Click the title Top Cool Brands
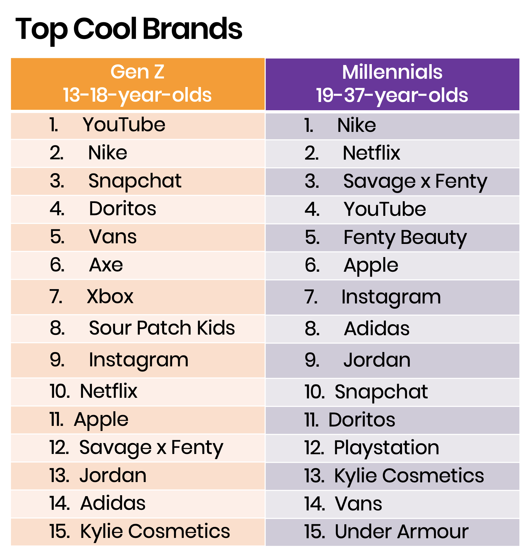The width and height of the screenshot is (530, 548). pyautogui.click(x=128, y=29)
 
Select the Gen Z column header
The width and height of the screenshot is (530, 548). pyautogui.click(x=137, y=83)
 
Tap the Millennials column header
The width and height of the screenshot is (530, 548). pyautogui.click(x=392, y=83)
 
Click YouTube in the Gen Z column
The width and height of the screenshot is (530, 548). pyautogui.click(x=124, y=125)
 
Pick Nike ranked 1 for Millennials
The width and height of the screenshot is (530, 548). pyautogui.click(x=356, y=125)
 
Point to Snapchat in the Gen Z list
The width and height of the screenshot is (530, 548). pyautogui.click(x=135, y=181)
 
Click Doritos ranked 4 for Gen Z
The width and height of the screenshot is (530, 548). pyautogui.click(x=122, y=209)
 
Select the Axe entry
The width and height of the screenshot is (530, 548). pyautogui.click(x=106, y=265)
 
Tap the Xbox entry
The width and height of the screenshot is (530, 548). pyautogui.click(x=110, y=296)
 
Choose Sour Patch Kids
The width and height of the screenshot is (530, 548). pyautogui.click(x=162, y=328)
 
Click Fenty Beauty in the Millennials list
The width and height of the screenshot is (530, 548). pyautogui.click(x=405, y=238)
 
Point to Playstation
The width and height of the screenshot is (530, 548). pyautogui.click(x=387, y=448)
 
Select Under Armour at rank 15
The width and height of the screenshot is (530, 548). pyautogui.click(x=401, y=532)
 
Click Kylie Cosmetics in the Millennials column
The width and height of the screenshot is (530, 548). pyautogui.click(x=409, y=476)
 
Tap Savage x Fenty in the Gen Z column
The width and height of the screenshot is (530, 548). pyautogui.click(x=151, y=448)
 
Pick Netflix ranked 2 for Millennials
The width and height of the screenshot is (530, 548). pyautogui.click(x=371, y=153)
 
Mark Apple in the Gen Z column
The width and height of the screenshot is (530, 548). pyautogui.click(x=101, y=420)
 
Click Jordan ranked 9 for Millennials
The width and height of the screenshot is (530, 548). pyautogui.click(x=377, y=360)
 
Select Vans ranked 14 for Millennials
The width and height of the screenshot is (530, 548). pyautogui.click(x=358, y=504)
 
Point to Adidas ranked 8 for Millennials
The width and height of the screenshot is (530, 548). pyautogui.click(x=377, y=329)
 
